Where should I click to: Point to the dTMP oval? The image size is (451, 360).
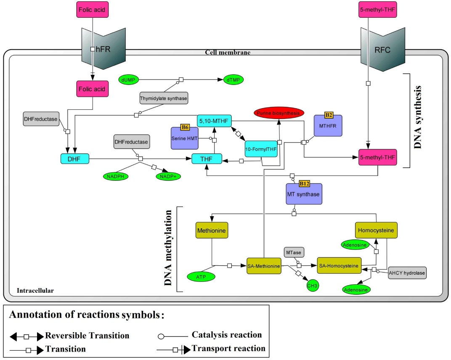pyautogui.click(x=233, y=79)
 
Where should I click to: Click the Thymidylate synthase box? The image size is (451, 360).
pyautogui.click(x=164, y=98)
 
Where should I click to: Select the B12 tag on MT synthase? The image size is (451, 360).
pyautogui.click(x=304, y=184)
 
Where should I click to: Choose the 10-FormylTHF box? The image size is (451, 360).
pyautogui.click(x=261, y=148)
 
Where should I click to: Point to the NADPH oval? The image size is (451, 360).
pyautogui.click(x=116, y=177)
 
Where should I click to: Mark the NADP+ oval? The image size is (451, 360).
pyautogui.click(x=168, y=177)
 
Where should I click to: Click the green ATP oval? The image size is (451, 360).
pyautogui.click(x=202, y=276)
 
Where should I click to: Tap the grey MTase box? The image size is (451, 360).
pyautogui.click(x=294, y=252)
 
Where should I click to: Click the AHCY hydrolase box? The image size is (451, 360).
pyautogui.click(x=407, y=273)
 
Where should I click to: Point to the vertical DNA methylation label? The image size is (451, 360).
pyautogui.click(x=170, y=248)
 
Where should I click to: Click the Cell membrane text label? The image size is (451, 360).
pyautogui.click(x=228, y=53)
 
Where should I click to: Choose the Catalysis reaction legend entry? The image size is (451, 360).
pyautogui.click(x=210, y=336)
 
